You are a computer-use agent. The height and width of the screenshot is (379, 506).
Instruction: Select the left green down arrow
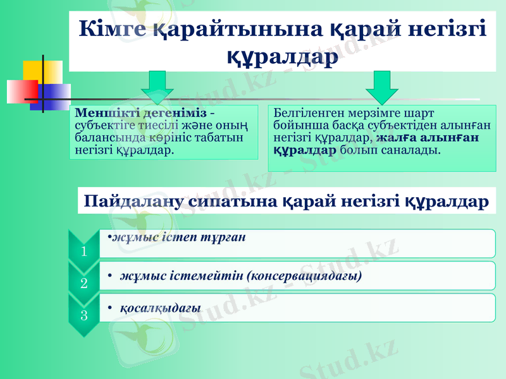[x=157, y=87]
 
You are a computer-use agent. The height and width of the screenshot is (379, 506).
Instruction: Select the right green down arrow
[x=382, y=87]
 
